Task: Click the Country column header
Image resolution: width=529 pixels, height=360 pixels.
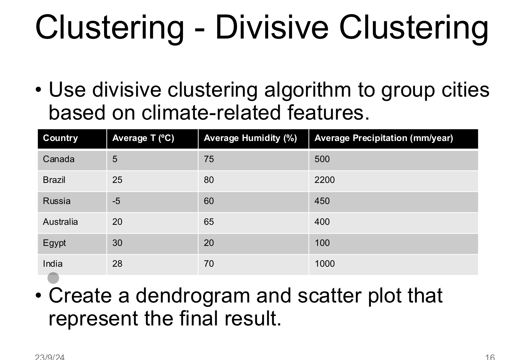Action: point(60,138)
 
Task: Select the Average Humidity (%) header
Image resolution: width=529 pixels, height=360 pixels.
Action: point(250,138)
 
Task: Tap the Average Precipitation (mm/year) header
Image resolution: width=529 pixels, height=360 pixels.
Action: point(384,138)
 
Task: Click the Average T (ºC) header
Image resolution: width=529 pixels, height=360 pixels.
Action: point(143,138)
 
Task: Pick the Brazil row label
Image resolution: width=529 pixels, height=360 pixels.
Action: point(54,180)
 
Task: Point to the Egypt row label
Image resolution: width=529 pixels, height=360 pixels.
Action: point(54,243)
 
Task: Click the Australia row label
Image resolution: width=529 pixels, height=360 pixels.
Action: point(60,222)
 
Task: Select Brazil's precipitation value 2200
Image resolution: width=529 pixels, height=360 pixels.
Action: point(325,180)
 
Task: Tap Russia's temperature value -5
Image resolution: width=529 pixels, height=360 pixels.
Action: point(116,201)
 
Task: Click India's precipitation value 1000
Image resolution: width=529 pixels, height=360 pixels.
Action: point(325,264)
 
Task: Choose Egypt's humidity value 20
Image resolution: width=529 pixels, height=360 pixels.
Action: point(209,243)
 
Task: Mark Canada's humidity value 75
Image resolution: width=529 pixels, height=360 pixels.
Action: point(209,159)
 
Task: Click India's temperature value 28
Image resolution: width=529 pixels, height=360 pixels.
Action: point(117,264)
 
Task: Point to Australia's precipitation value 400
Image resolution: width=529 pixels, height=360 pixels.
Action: point(322,222)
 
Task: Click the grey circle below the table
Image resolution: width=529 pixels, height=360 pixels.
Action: point(53,278)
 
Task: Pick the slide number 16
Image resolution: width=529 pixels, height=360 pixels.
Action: point(490,357)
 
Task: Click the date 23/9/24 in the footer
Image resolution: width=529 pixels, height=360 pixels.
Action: point(50,357)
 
